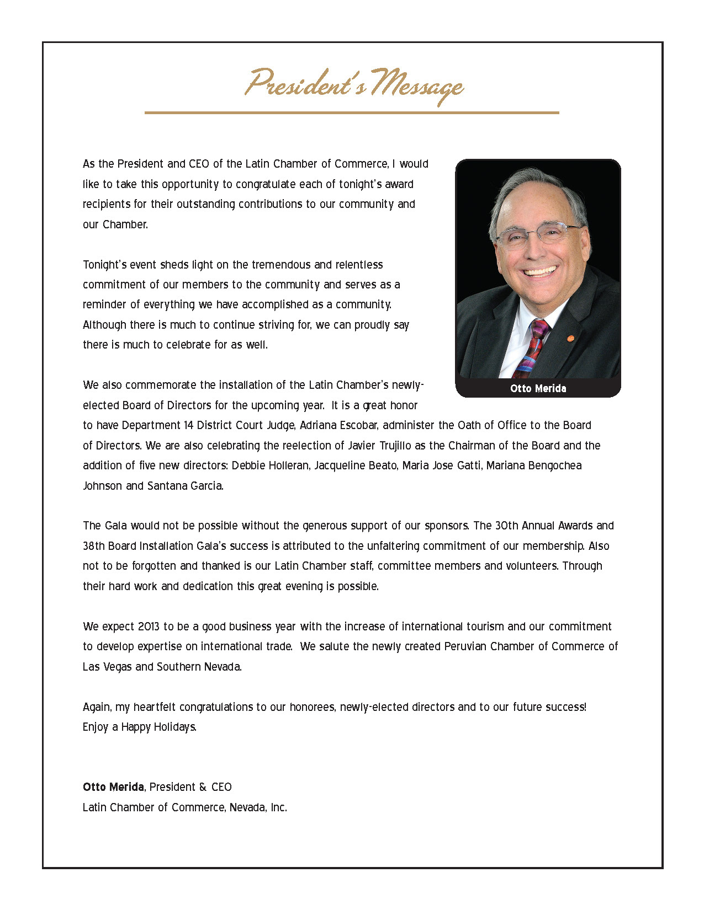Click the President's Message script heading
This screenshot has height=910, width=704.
(x=354, y=85)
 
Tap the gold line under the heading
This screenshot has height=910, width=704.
(x=352, y=113)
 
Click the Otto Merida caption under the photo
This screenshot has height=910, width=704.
(x=538, y=388)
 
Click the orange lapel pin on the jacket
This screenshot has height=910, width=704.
(x=571, y=338)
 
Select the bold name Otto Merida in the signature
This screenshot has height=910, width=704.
(x=113, y=787)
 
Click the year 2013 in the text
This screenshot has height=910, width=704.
(x=149, y=627)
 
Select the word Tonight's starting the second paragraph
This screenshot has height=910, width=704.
(x=104, y=265)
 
